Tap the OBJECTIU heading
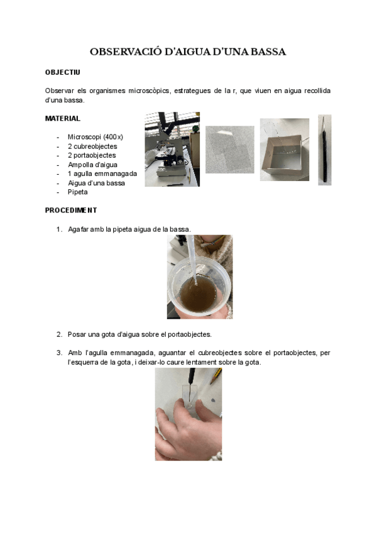tap(62, 73)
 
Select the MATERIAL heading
tap(63, 118)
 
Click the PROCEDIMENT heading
tap(71, 211)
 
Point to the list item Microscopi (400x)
tap(96, 137)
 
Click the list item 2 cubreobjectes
tap(92, 146)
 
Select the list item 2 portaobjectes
tap(92, 155)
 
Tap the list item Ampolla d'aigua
tap(92, 165)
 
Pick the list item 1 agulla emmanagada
tap(102, 174)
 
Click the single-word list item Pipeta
tap(78, 192)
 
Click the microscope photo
tap(172, 150)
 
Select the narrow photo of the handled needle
tap(324, 150)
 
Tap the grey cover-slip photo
tap(229, 150)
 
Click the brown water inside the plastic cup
tap(198, 294)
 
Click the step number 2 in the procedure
tap(60, 334)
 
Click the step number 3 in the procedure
tap(60, 353)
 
